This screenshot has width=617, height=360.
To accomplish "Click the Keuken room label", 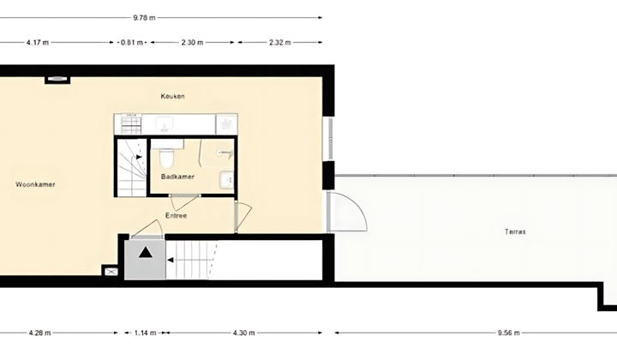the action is tap(172, 96).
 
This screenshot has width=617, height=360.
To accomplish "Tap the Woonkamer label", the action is tap(35, 184).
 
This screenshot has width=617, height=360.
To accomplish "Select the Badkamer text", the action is tap(177, 177).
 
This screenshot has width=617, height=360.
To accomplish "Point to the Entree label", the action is tap(176, 216).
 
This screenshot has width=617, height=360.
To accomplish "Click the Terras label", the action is tap(515, 231).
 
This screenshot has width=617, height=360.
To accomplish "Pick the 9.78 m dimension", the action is tap(144, 18).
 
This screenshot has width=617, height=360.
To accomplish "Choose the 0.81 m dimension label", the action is tap(132, 43).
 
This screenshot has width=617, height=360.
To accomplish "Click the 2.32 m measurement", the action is tap(279, 43).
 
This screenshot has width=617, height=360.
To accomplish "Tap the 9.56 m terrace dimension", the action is tap(508, 333).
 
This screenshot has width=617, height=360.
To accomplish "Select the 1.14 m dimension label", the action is tap(145, 333).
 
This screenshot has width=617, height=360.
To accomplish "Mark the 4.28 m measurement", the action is tap(39, 333).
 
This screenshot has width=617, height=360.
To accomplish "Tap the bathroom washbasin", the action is tap(226, 181).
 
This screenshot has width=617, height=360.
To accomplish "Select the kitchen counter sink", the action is tap(162, 124).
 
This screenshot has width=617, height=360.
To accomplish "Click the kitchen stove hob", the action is tap(130, 125).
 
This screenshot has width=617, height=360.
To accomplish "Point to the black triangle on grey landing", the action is tap(145, 253).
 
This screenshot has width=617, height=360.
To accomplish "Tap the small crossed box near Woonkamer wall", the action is tap(111, 272).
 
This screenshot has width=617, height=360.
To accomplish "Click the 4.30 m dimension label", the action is tap(243, 333).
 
